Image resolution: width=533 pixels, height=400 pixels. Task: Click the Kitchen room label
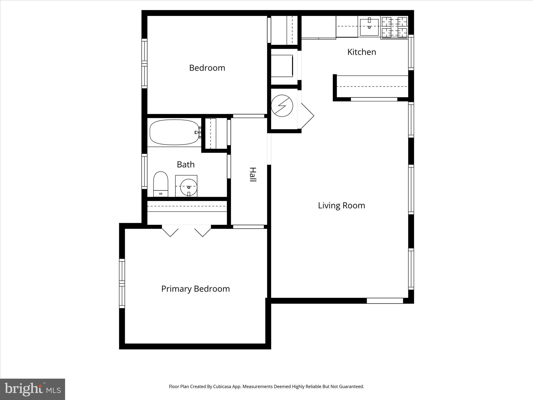pyautogui.click(x=361, y=52)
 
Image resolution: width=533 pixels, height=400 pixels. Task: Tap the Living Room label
pyautogui.click(x=341, y=205)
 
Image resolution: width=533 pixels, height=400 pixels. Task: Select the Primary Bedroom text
pyautogui.click(x=195, y=289)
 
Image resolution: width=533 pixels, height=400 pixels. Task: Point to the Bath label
pyautogui.click(x=186, y=164)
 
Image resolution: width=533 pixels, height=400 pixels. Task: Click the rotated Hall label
pyautogui.click(x=253, y=174)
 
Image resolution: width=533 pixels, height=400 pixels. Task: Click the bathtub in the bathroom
pyautogui.click(x=174, y=132)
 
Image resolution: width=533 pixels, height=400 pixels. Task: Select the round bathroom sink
pyautogui.click(x=188, y=187)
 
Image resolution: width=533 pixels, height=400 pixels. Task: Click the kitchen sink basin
pyautogui.click(x=369, y=27)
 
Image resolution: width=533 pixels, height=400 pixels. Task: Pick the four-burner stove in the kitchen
pyautogui.click(x=394, y=27)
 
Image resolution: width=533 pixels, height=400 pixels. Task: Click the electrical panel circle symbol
pyautogui.click(x=282, y=106)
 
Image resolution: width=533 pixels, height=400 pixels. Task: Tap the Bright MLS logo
pyautogui.click(x=32, y=389)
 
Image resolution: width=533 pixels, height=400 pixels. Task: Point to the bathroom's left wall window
pyautogui.click(x=144, y=171)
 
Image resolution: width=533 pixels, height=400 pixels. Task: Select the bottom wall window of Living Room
pyautogui.click(x=385, y=301)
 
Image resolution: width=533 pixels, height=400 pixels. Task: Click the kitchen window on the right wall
pyautogui.click(x=411, y=52)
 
